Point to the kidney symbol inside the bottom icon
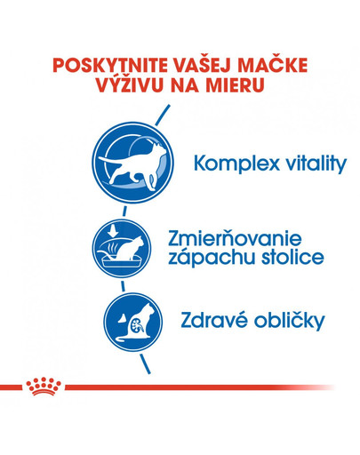tap(122, 324)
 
